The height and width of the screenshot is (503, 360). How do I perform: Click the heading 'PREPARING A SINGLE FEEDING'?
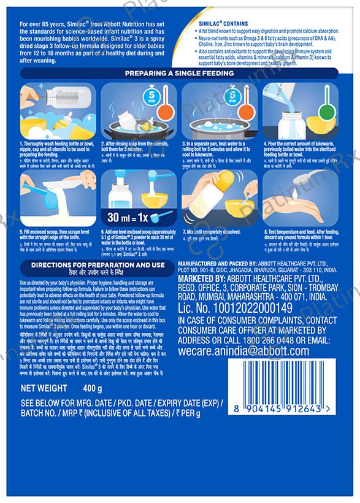click(x=180, y=74)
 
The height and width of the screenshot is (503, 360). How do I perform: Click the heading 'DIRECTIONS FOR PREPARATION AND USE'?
click(x=93, y=265)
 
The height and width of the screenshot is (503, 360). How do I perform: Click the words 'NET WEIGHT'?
click(x=44, y=388)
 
